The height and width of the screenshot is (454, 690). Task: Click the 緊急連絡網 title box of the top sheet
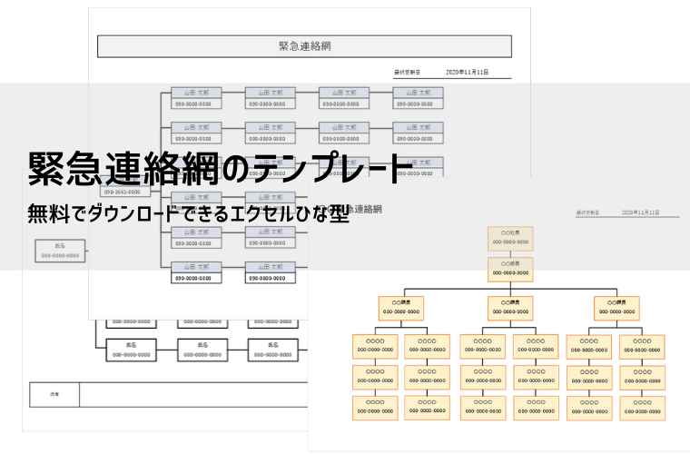tap(304, 46)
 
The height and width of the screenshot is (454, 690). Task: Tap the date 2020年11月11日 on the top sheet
tap(467, 71)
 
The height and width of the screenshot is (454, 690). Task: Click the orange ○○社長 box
tap(510, 238)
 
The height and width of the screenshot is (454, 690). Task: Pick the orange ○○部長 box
tap(510, 268)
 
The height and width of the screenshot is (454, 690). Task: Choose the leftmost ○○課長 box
tap(400, 307)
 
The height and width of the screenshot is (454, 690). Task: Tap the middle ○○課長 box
tap(510, 307)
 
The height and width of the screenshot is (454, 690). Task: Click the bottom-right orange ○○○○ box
tap(642, 407)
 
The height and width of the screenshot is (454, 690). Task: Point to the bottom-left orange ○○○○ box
tap(375, 407)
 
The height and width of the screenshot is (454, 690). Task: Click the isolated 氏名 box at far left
tap(60, 251)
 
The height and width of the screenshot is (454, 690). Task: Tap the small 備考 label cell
tap(54, 394)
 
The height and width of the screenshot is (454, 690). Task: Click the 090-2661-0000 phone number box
tap(122, 192)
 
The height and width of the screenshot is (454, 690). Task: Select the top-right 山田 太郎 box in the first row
tap(418, 98)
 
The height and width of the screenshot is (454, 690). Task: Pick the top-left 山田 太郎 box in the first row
tap(196, 98)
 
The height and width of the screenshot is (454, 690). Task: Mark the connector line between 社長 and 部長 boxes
tap(510, 253)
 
